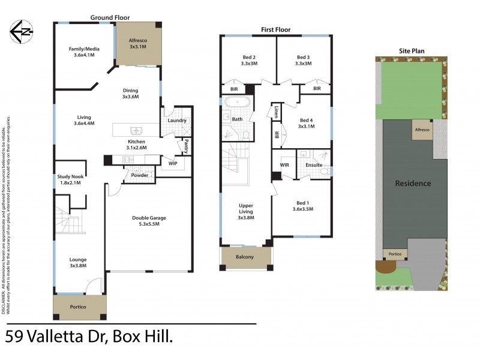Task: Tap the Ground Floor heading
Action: point(110,18)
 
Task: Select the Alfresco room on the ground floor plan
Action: point(138,44)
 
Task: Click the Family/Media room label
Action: point(83,52)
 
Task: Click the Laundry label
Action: point(177,121)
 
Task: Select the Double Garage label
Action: point(149,221)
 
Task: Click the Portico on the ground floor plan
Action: point(79,307)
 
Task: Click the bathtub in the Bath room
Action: point(237,102)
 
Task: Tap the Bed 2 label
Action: point(249,60)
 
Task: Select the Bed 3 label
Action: point(304,60)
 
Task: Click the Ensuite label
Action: point(314,164)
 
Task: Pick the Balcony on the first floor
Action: point(244,257)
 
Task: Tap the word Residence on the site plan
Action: point(413,183)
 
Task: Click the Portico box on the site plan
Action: point(394,253)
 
